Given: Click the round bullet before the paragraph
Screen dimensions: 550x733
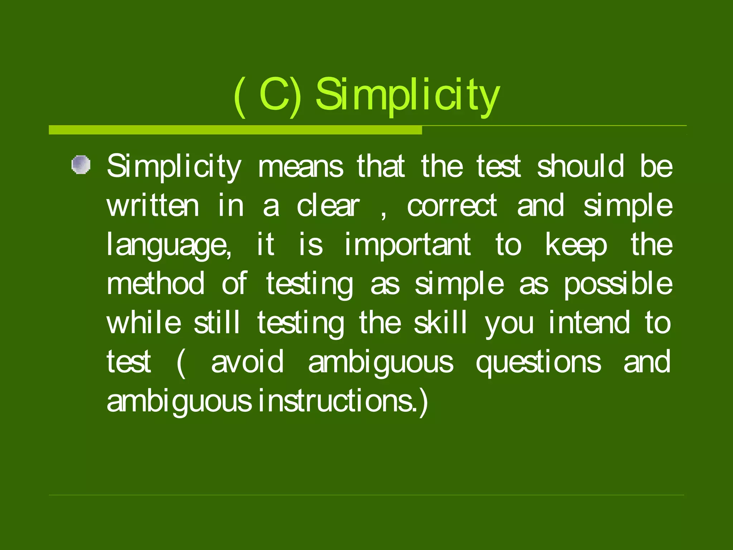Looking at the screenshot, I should [81, 165].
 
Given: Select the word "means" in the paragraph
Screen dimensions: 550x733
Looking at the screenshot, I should [300, 167].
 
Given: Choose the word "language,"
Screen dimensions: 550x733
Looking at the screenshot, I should [169, 246].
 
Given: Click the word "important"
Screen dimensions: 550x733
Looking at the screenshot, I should [408, 246].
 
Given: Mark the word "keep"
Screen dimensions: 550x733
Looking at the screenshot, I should [576, 246].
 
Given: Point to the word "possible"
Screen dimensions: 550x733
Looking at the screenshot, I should [618, 284].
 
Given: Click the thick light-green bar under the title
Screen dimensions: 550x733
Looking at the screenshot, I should [235, 130].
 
